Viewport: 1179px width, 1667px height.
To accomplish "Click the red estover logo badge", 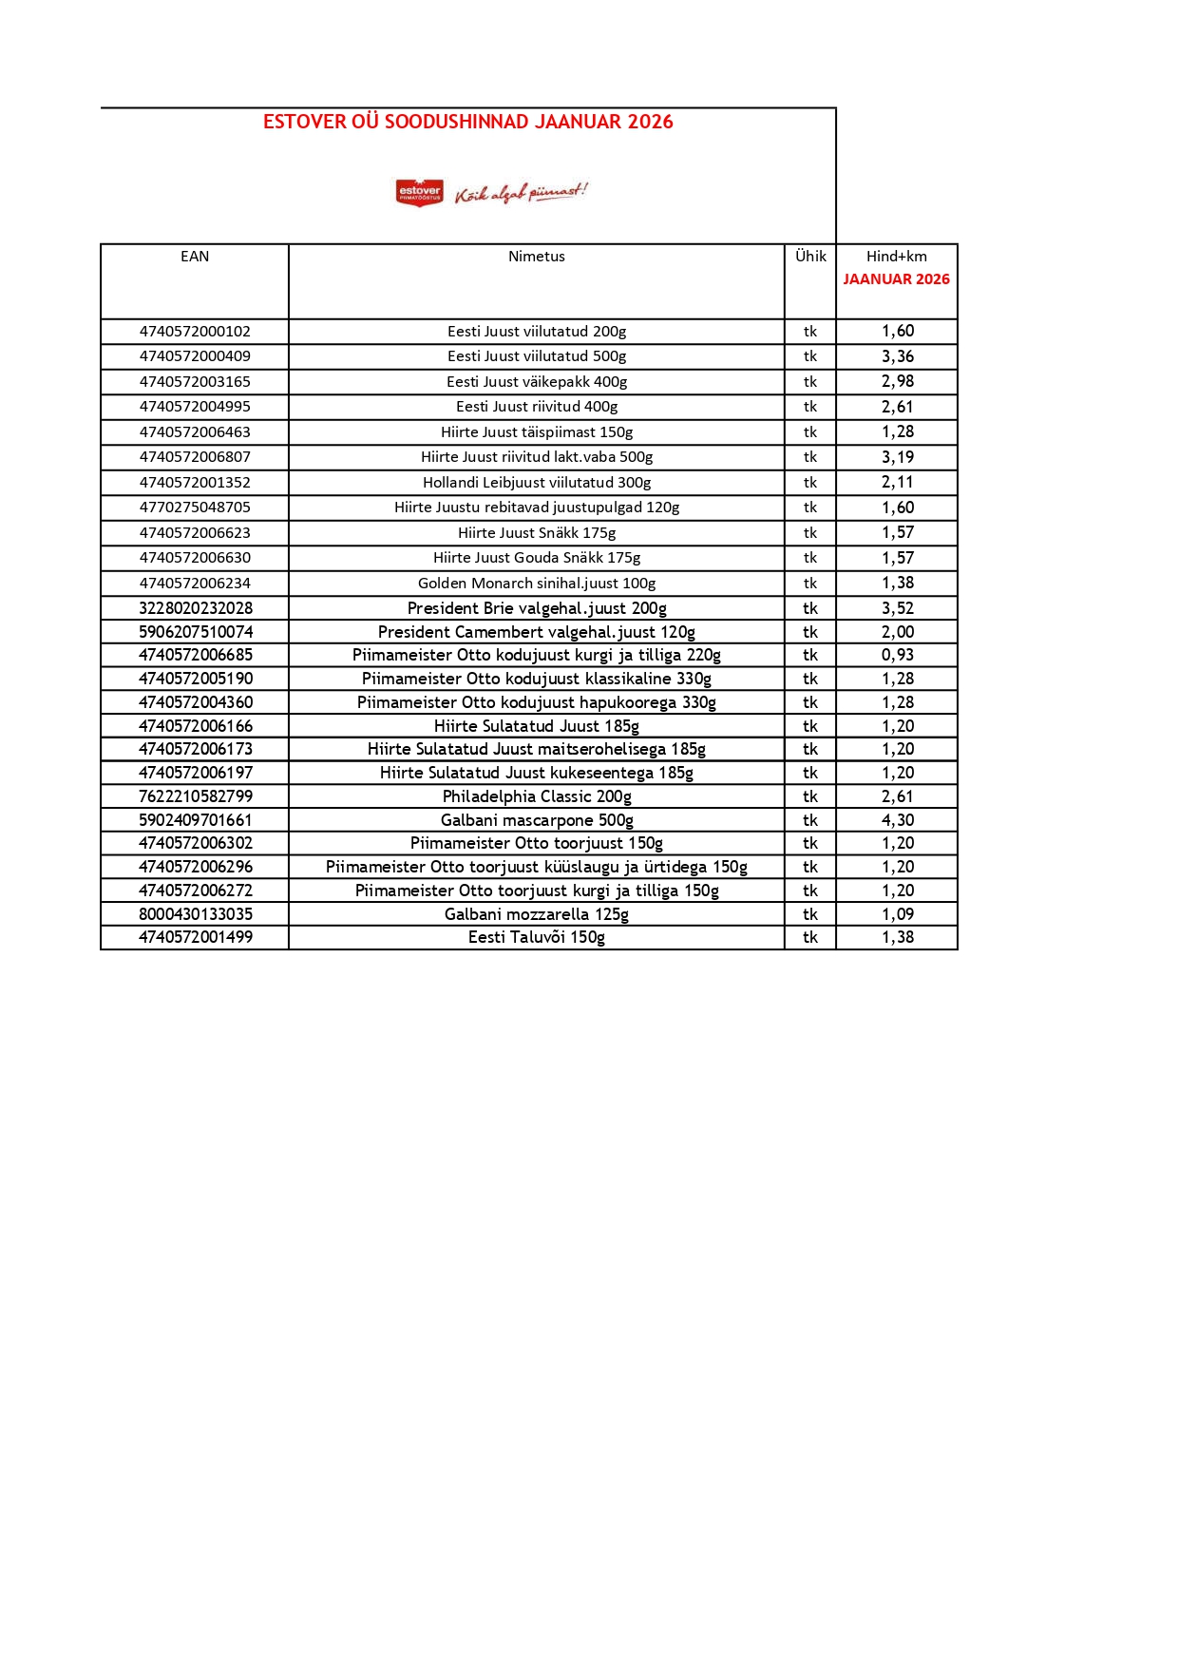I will click(x=419, y=192).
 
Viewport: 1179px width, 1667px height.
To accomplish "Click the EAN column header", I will click(x=195, y=257).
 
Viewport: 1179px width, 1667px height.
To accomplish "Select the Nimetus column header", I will click(x=536, y=257).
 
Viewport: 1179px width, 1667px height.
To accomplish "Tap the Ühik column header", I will click(x=810, y=257).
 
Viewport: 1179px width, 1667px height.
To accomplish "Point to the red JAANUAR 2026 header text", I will click(x=896, y=279).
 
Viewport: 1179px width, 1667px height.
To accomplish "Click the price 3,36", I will click(x=897, y=356).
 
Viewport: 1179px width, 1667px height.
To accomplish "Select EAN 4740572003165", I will click(x=195, y=382).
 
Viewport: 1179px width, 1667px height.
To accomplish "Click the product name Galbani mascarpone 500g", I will click(x=537, y=820).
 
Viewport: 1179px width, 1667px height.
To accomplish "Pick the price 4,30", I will click(x=897, y=820).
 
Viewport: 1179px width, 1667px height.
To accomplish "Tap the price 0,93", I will click(x=897, y=655).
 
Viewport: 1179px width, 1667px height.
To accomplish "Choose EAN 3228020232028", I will click(x=195, y=608).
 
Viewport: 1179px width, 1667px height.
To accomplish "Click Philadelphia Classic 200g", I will click(x=537, y=796).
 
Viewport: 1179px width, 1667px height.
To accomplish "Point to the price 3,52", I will click(x=897, y=608).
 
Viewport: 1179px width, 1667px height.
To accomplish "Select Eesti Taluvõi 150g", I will click(x=537, y=937).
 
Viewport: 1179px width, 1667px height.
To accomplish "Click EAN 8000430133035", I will click(x=195, y=914).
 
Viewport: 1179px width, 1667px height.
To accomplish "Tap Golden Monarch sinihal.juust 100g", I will click(x=537, y=584).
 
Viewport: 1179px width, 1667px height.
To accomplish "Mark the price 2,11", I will click(x=897, y=483).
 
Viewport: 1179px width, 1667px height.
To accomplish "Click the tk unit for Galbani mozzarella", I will click(x=810, y=914).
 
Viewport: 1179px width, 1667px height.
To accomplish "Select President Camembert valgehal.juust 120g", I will click(x=537, y=632).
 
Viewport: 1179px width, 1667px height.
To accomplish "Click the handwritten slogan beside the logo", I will click(x=521, y=193).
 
